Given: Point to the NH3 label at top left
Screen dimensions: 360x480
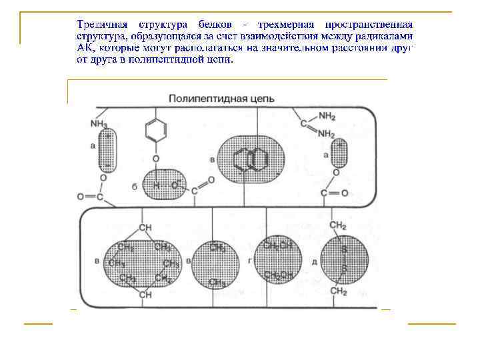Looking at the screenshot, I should click(x=99, y=124).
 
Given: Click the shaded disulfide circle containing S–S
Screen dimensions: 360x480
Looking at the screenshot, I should click(x=344, y=261).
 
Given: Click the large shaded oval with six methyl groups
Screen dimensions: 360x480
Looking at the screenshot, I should click(x=142, y=262).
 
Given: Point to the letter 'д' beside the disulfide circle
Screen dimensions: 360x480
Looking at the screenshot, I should click(x=313, y=262).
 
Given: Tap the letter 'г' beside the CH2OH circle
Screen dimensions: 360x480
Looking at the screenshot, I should click(x=249, y=261).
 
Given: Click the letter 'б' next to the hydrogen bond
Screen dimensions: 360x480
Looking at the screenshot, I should click(x=135, y=187).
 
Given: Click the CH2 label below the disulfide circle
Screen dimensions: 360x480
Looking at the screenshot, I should click(x=339, y=292).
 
